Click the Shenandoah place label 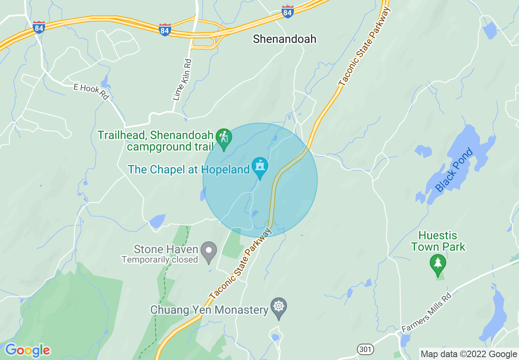284,39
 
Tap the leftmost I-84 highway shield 39,27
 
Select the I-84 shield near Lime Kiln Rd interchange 165,29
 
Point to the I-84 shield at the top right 288,11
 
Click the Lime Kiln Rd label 182,80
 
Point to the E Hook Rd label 92,92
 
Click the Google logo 27,350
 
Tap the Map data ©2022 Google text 469,354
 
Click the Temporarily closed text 160,259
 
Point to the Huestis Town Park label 438,241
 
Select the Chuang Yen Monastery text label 209,310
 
